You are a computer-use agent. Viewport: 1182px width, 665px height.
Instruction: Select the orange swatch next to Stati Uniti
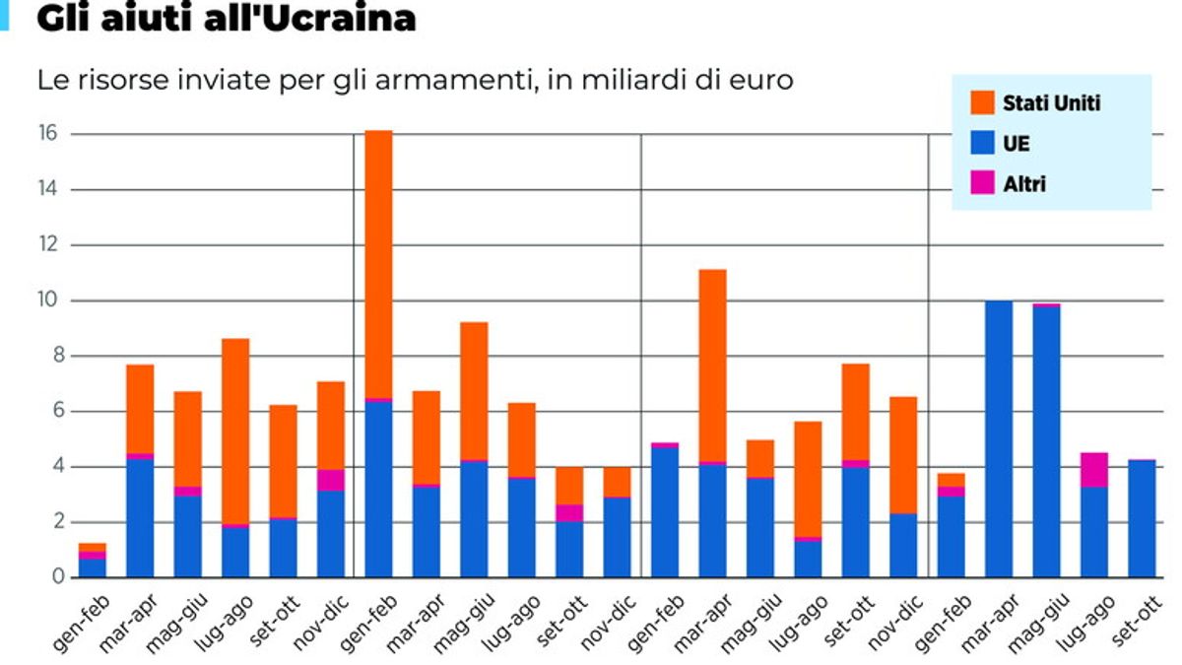[x=983, y=102]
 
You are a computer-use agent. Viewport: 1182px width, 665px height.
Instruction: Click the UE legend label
[x=1017, y=144]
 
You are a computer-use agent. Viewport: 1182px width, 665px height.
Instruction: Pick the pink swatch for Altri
[x=983, y=183]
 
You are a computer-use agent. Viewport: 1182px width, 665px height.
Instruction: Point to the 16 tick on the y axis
[x=46, y=134]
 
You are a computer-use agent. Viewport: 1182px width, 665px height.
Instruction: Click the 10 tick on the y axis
[x=46, y=300]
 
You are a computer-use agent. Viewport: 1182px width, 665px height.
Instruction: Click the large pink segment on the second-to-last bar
[x=1094, y=469]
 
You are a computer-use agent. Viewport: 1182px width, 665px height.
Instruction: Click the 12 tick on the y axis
[x=46, y=245]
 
